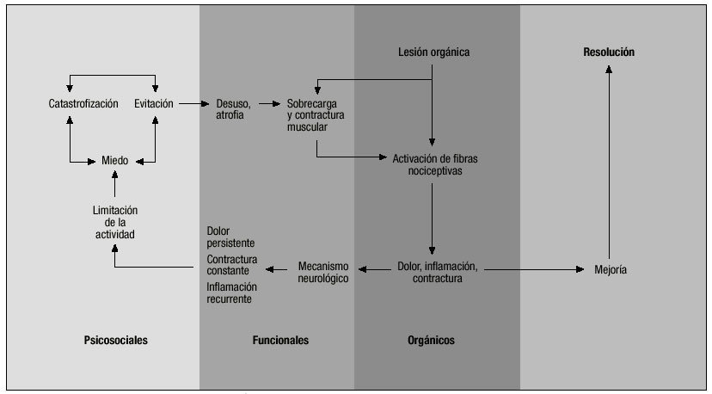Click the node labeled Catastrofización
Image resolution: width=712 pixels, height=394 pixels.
click(83, 104)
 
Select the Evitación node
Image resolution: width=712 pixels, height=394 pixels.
click(154, 104)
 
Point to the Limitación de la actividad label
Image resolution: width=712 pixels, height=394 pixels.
click(114, 221)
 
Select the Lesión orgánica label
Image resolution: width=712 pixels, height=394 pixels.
click(433, 52)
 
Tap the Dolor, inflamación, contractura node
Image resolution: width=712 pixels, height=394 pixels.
click(438, 271)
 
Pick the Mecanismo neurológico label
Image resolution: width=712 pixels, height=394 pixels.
click(323, 272)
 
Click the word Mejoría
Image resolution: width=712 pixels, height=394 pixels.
click(611, 270)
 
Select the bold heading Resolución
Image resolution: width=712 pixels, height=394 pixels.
click(609, 52)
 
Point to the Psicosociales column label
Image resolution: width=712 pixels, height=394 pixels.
click(116, 341)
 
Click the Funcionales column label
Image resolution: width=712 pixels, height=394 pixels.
click(280, 341)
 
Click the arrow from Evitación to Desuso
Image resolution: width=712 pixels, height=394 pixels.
click(195, 104)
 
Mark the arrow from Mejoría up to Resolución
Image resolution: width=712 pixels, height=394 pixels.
click(610, 163)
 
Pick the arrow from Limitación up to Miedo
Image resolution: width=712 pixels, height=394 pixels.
click(114, 186)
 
